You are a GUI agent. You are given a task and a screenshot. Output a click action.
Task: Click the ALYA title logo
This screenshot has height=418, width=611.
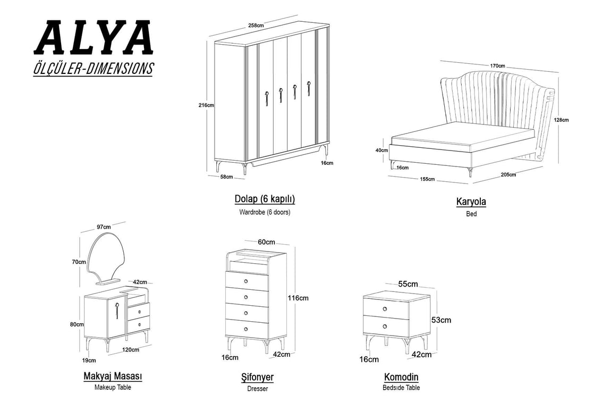click(94, 37)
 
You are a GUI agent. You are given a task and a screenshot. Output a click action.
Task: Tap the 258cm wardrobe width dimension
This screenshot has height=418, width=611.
click(256, 26)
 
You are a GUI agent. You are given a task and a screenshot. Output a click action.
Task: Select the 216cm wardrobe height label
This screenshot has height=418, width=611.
click(206, 105)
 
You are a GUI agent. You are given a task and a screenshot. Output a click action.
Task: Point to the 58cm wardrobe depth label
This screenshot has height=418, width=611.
click(226, 177)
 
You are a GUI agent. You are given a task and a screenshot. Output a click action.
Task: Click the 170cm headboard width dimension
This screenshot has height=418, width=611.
click(498, 66)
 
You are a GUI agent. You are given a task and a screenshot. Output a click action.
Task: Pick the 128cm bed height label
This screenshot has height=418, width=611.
click(562, 120)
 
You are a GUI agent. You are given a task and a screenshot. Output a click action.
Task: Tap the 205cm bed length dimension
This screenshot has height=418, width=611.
click(508, 174)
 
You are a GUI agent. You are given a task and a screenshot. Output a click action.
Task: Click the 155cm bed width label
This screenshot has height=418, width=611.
click(427, 179)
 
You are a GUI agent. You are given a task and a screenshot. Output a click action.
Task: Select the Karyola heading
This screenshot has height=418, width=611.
click(471, 202)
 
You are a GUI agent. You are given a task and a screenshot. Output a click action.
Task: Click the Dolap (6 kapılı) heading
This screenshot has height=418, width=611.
click(265, 199)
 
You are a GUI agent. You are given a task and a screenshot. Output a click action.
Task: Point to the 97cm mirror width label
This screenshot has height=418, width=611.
click(104, 227)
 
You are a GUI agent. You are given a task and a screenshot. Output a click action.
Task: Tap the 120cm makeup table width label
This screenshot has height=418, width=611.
click(131, 349)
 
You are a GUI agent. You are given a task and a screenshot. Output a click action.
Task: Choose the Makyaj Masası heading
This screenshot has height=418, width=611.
click(113, 377)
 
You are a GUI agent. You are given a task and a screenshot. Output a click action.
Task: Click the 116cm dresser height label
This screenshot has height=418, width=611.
click(298, 298)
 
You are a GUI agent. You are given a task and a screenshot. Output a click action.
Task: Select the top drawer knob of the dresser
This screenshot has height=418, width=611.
click(246, 281)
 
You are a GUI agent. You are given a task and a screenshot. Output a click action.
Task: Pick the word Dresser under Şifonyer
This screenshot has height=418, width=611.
click(258, 388)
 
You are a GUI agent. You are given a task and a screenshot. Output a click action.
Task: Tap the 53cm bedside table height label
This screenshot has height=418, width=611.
click(441, 320)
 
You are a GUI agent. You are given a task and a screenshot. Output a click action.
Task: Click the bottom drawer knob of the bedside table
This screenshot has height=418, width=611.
click(385, 327)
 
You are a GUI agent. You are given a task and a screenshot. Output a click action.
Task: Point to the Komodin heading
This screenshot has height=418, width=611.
click(401, 377)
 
